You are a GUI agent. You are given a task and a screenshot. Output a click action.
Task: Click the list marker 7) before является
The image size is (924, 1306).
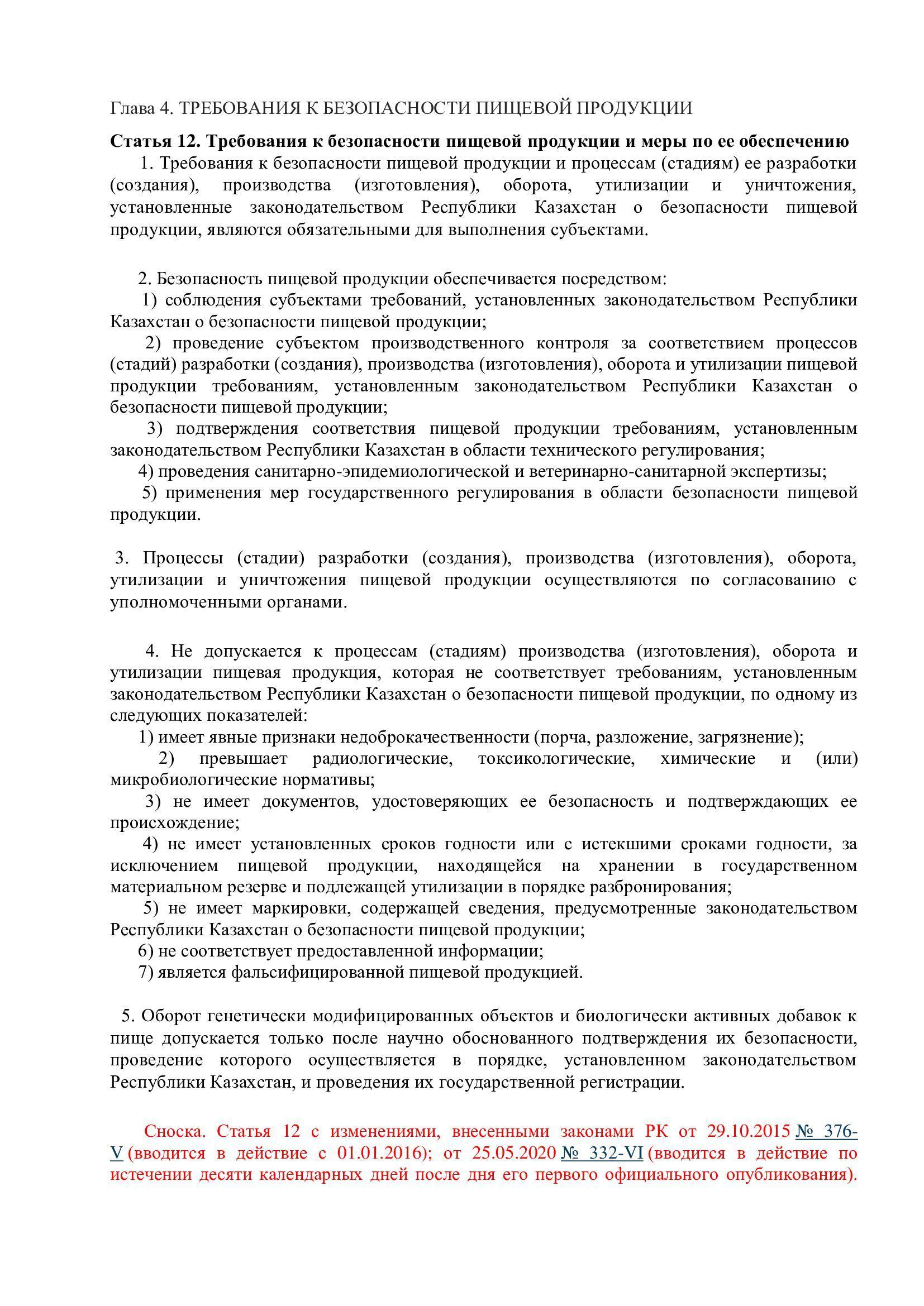pyautogui.click(x=146, y=972)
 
